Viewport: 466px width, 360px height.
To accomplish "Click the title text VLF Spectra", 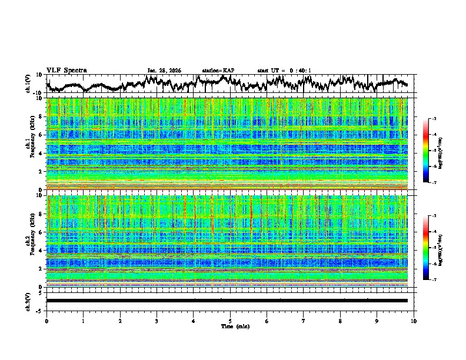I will coord(66,71).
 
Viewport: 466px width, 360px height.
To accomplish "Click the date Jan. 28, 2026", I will coord(164,71).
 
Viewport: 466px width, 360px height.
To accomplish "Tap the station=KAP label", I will coord(218,71).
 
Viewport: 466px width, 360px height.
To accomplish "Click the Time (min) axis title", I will coord(235,326).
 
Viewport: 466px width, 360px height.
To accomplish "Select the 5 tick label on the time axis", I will coord(230,321).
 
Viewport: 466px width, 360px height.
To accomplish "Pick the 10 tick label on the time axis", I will coord(414,321).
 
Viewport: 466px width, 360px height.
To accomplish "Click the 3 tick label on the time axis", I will coord(157,321).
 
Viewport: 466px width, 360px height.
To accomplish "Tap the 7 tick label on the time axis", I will coord(304,321).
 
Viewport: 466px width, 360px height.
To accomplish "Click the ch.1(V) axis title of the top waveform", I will coord(28,84).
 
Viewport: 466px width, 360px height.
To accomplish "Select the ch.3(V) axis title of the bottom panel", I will coord(28,301).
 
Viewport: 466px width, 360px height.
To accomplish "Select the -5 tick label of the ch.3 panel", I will coord(41,310).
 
